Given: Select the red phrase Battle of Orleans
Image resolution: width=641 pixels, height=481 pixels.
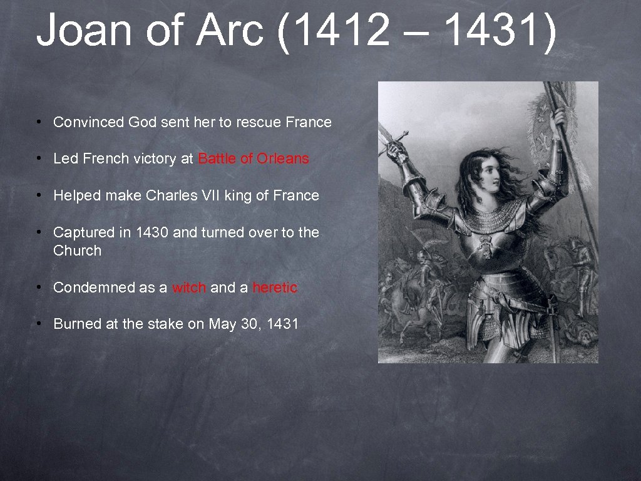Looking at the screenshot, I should (x=254, y=159).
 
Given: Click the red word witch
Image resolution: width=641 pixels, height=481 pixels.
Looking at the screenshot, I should (x=189, y=288).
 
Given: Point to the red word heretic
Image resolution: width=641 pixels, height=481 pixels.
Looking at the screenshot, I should (x=275, y=288).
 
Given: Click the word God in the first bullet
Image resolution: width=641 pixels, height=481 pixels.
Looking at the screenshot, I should (x=142, y=123).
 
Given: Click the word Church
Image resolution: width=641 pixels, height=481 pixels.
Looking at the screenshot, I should (x=77, y=251).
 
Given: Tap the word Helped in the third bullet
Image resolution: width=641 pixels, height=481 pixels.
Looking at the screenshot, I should (x=77, y=196).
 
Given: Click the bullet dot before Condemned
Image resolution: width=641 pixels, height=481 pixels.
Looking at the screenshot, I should (x=39, y=287).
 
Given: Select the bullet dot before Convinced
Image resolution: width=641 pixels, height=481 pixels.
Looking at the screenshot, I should (x=39, y=122).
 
